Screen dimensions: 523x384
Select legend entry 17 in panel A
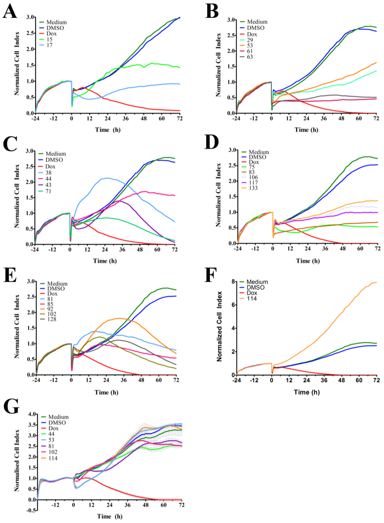(x=49, y=45)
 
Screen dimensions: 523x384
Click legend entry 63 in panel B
(x=250, y=57)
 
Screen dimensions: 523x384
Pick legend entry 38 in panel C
(x=49, y=173)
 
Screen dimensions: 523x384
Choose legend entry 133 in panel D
(x=253, y=188)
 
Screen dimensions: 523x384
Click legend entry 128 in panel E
(x=52, y=319)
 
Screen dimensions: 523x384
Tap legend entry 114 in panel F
(x=252, y=299)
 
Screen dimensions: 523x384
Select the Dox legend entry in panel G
(x=53, y=428)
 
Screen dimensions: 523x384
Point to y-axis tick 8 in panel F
(x=233, y=281)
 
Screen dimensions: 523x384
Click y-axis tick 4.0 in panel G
(x=33, y=414)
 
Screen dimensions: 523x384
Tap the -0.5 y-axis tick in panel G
(x=32, y=510)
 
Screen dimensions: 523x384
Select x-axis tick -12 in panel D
(x=255, y=249)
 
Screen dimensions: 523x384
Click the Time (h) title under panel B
(x=306, y=130)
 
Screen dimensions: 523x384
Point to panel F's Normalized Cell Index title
(x=219, y=326)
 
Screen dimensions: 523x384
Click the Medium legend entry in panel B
(x=257, y=22)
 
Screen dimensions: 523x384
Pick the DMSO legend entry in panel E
(x=56, y=289)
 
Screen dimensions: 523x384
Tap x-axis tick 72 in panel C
(x=175, y=249)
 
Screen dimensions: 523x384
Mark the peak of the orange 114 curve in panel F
(x=375, y=282)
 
